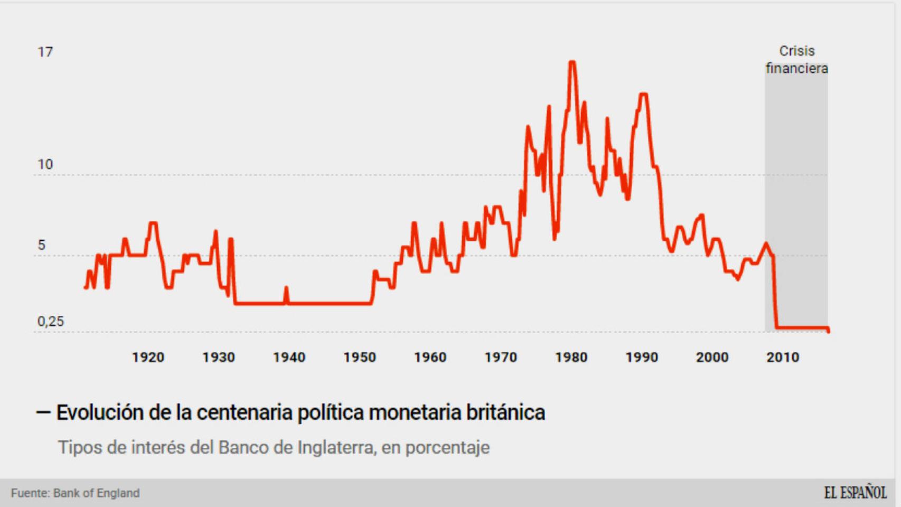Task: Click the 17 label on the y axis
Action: coord(45,52)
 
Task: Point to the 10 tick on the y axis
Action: coord(45,165)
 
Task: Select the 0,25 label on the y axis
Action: coord(50,321)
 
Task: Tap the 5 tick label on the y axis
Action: coord(41,245)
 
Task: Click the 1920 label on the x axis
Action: coord(148,358)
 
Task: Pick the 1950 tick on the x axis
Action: coord(359,358)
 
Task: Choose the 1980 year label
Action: coord(571,358)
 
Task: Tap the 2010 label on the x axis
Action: coord(783,358)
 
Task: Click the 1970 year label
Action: coord(500,358)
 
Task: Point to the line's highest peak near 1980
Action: coord(572,62)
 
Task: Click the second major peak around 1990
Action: coord(643,95)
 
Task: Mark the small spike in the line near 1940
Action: coord(286,288)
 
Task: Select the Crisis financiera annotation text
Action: coord(796,60)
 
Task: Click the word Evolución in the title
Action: coord(99,412)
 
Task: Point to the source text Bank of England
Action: coord(96,493)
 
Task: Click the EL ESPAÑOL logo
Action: coord(855,493)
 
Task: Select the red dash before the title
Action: coord(43,412)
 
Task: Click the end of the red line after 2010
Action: coord(828,331)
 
